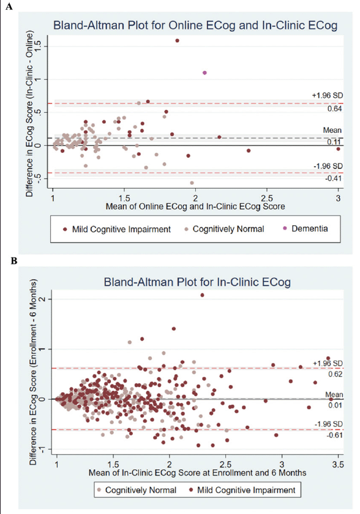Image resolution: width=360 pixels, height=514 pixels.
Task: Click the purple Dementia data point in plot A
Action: click(x=204, y=73)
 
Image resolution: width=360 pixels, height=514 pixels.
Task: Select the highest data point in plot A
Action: click(x=178, y=40)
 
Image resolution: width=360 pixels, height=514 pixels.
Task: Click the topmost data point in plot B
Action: click(x=202, y=295)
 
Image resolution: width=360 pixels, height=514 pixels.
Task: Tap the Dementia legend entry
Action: click(x=306, y=228)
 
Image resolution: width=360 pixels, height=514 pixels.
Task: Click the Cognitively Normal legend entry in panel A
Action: click(x=224, y=229)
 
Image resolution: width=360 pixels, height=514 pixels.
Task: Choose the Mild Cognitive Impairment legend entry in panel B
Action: click(x=242, y=490)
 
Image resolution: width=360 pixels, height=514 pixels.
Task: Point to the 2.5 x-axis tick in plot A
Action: click(x=267, y=199)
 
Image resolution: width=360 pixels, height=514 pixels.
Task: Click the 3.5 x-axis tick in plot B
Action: click(x=338, y=465)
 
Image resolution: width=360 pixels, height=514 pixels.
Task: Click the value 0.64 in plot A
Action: click(x=335, y=109)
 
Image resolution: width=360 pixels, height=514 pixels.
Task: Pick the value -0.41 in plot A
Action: click(x=334, y=179)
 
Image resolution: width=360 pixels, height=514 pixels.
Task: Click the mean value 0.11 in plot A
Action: click(x=335, y=143)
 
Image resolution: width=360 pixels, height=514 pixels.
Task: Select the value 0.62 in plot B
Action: click(x=335, y=374)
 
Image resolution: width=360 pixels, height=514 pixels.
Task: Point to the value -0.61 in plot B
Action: click(x=334, y=435)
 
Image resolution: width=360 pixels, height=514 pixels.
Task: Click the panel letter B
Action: click(x=13, y=261)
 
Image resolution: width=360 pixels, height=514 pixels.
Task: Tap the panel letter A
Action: click(x=9, y=6)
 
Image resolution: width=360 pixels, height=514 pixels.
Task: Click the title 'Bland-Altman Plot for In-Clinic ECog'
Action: click(x=197, y=282)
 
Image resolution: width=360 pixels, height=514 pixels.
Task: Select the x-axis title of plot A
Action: click(x=195, y=207)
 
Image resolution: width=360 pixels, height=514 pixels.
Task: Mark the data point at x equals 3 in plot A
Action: click(x=339, y=149)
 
